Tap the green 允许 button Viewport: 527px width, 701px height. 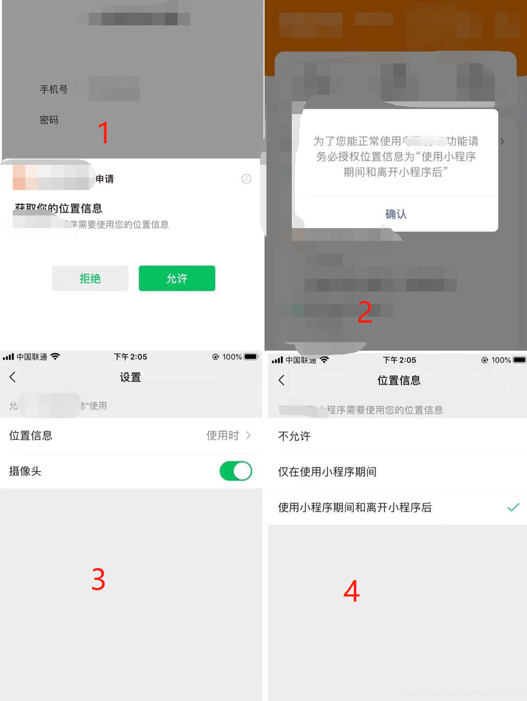(x=177, y=278)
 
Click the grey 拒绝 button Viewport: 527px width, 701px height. (x=90, y=278)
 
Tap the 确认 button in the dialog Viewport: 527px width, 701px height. (x=396, y=214)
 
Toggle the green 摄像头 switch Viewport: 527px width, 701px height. (x=236, y=471)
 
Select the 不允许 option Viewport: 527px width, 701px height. (x=294, y=436)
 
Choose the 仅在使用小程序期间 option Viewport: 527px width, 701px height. (x=327, y=472)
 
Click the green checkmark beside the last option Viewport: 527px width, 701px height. (x=513, y=507)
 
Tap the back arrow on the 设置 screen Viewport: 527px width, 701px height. (x=13, y=377)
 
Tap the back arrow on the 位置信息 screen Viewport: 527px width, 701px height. (x=282, y=380)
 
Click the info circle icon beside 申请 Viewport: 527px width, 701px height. (x=246, y=179)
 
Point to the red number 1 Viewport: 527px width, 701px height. (x=103, y=133)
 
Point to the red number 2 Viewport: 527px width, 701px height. (x=365, y=312)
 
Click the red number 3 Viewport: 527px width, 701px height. (x=99, y=580)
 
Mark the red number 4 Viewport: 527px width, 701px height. (x=351, y=591)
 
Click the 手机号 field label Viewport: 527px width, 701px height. (x=54, y=89)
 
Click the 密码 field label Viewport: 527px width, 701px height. (x=49, y=120)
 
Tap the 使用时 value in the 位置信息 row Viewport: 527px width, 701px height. (x=223, y=435)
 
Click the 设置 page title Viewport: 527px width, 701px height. (x=130, y=377)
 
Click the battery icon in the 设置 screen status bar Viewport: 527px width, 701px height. (x=251, y=357)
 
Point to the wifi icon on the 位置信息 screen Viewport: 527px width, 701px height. (x=324, y=360)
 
